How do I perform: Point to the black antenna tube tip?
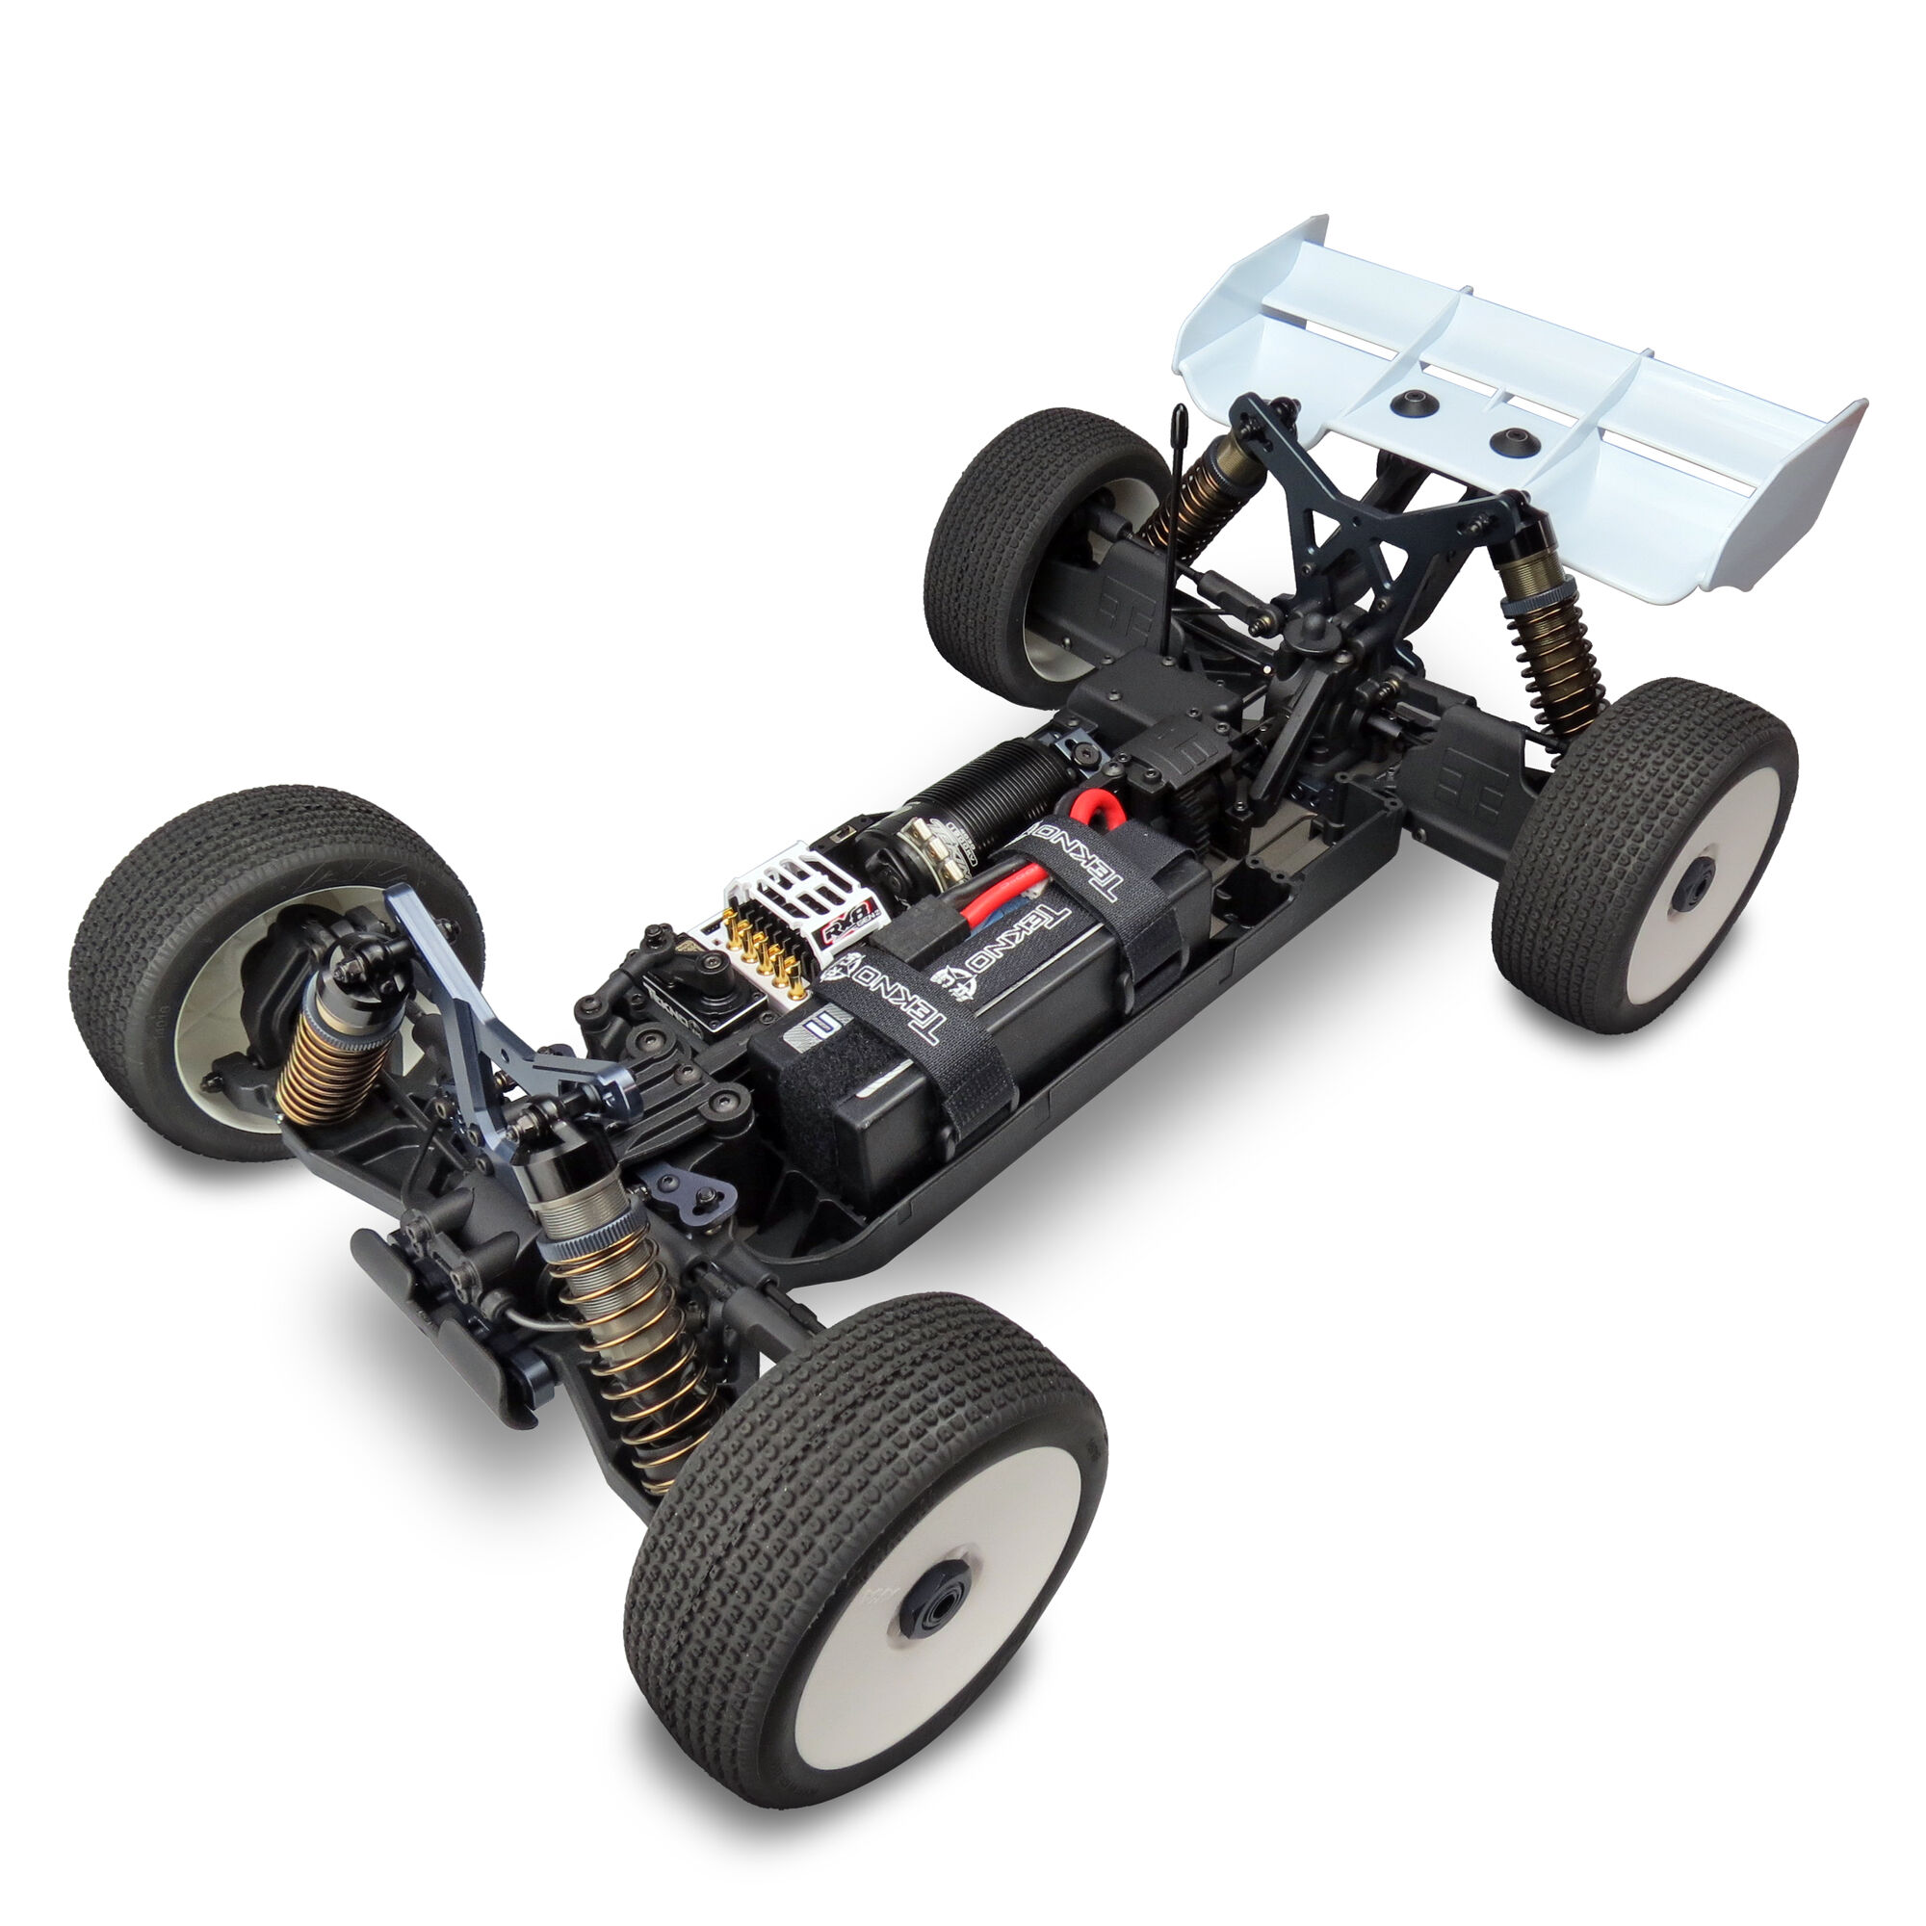click(1179, 417)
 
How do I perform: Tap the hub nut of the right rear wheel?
click(1693, 878)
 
